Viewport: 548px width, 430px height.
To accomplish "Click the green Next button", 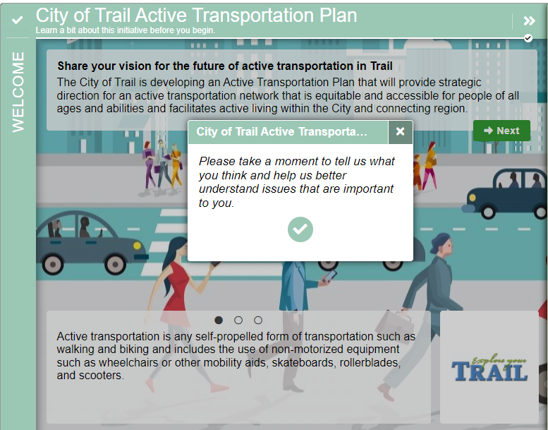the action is coord(501,131).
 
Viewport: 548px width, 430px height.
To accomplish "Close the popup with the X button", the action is coord(400,131).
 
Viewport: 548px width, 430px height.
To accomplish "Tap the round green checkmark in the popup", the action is coord(300,229).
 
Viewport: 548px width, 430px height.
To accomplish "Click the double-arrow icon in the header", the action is coord(529,21).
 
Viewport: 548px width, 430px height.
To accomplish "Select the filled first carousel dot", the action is coord(219,320).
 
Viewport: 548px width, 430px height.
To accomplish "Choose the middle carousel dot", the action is coord(238,320).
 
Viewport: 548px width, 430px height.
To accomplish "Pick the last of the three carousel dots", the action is coord(258,320).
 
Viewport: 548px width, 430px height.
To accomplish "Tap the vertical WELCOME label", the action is coord(18,92).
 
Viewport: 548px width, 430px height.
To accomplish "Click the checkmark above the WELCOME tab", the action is coord(17,20).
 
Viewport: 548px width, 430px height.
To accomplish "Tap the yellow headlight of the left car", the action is coord(137,246).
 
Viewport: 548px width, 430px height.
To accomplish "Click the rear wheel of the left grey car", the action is coord(53,264).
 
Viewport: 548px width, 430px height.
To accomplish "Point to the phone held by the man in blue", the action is coord(329,275).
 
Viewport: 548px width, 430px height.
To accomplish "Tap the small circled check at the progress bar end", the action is coord(528,38).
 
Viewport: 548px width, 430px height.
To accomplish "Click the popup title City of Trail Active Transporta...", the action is coord(281,131).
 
